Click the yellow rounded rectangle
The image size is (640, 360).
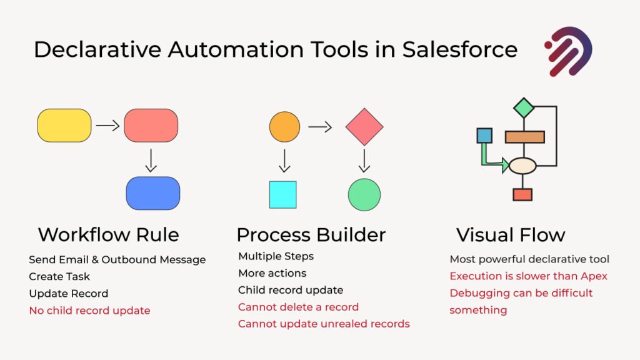[64, 125]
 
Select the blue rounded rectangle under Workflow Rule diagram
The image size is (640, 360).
[153, 193]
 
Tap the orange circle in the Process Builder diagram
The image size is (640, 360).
[284, 127]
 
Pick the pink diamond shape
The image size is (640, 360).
[364, 127]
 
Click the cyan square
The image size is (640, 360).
[283, 195]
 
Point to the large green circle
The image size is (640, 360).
[364, 195]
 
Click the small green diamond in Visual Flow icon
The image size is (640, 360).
[524, 107]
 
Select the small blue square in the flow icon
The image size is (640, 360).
[484, 136]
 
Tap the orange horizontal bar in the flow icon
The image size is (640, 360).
[524, 137]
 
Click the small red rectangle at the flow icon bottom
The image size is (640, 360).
[522, 195]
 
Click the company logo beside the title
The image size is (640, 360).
[568, 51]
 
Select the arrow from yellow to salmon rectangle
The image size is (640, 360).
[107, 125]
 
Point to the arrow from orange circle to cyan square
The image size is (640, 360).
[284, 161]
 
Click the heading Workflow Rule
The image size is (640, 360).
[109, 235]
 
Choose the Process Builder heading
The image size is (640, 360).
[311, 235]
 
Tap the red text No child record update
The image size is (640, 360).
[90, 311]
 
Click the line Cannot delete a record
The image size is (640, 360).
[298, 307]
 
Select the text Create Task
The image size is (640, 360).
[59, 277]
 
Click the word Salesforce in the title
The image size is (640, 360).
[460, 49]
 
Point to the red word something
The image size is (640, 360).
[478, 310]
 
